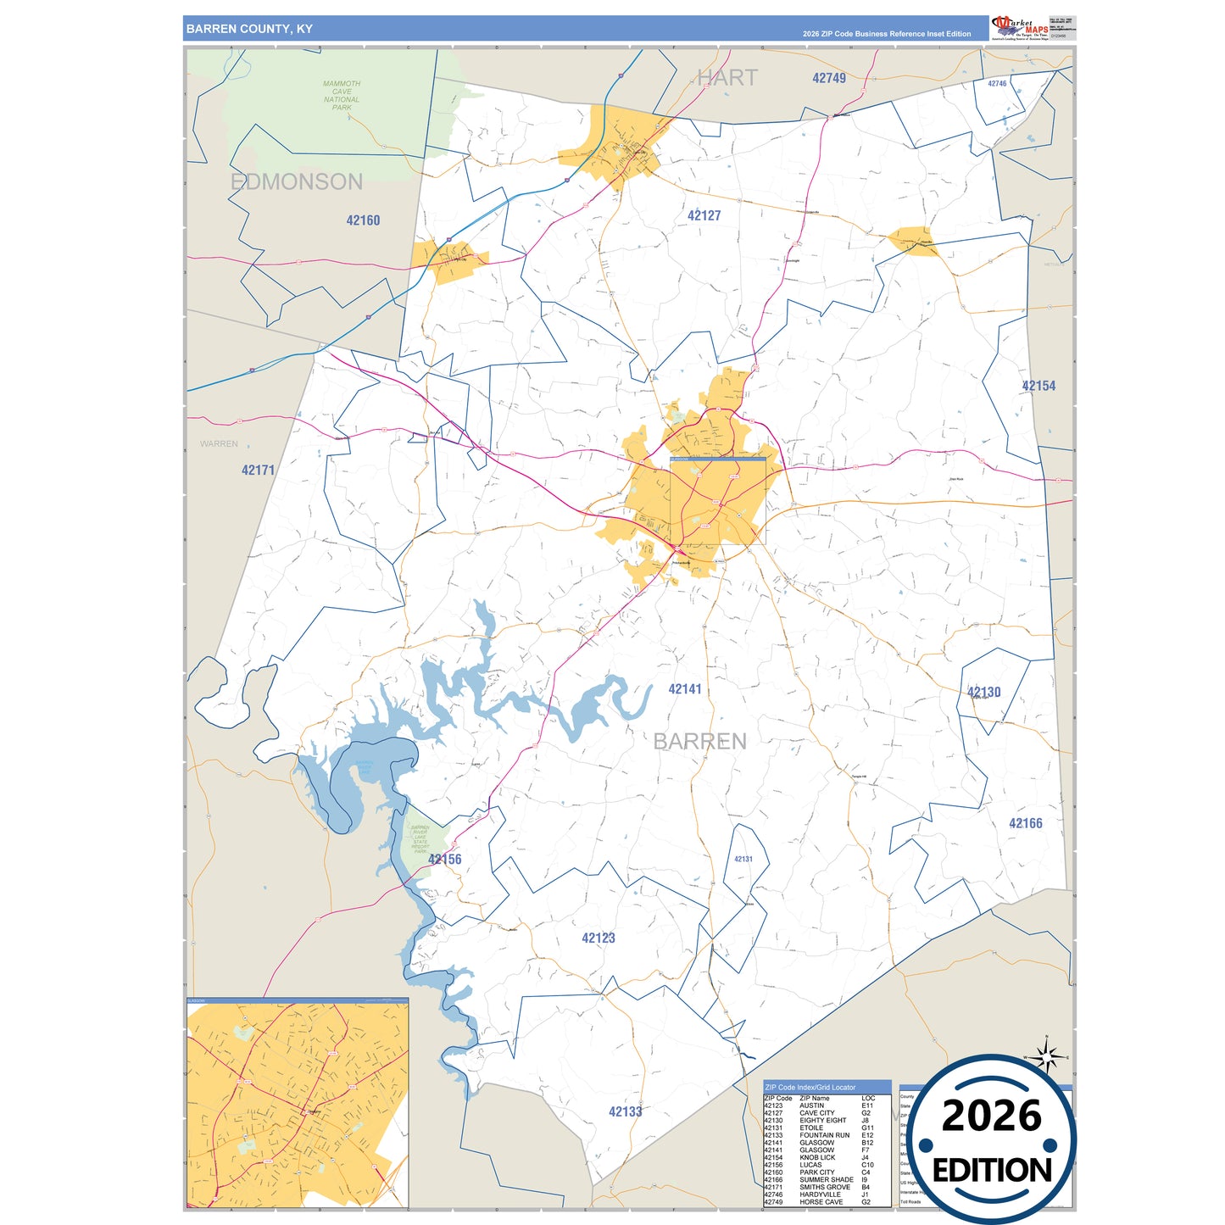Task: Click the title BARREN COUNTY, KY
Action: tap(249, 29)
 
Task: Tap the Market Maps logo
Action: tap(1020, 27)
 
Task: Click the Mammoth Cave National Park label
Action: tap(342, 96)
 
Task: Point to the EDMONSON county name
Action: tap(297, 182)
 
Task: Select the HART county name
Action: tap(727, 78)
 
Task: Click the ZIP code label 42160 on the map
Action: tap(363, 220)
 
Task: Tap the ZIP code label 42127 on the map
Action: tap(704, 216)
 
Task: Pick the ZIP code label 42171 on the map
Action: tap(258, 471)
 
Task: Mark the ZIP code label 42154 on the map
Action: tap(1038, 386)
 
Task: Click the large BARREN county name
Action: tap(699, 742)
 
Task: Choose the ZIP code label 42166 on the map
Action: tap(1025, 823)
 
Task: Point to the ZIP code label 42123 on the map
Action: tap(598, 938)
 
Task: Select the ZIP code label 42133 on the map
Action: tap(625, 1111)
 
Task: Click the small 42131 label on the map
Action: tap(743, 859)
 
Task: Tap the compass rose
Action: tap(1047, 1057)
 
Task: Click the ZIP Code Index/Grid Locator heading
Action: tap(810, 1087)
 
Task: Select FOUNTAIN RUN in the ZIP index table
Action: tap(824, 1135)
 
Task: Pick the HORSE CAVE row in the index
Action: tap(821, 1202)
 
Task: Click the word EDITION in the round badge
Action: tap(992, 1171)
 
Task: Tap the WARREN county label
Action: tap(219, 444)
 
